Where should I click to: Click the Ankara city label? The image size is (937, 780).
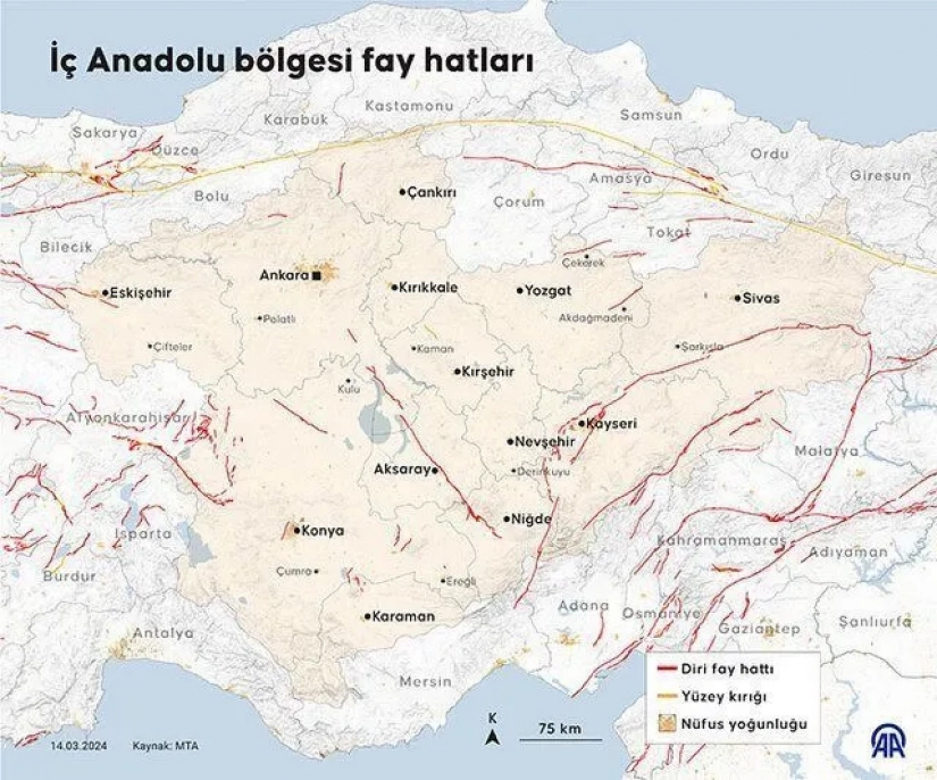(x=284, y=275)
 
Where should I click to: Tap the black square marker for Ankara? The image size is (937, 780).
(x=316, y=275)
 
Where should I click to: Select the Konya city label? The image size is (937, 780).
(x=323, y=531)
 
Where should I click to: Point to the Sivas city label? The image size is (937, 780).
(x=761, y=298)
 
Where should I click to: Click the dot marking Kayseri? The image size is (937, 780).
(x=582, y=424)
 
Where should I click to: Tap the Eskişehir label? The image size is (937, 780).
(x=140, y=293)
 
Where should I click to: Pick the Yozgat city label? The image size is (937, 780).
(x=548, y=290)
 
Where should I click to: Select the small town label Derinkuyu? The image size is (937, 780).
(x=544, y=472)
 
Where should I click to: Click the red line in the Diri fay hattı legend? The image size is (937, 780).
(x=666, y=669)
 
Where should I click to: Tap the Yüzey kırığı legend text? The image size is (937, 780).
(x=724, y=696)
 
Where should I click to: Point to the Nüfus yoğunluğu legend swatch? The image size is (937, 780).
(x=666, y=724)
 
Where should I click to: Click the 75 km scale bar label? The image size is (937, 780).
(x=560, y=728)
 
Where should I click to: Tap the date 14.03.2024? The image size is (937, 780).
(x=79, y=746)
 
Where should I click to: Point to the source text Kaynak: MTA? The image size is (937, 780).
(x=165, y=746)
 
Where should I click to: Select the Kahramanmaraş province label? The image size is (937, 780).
(x=721, y=541)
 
